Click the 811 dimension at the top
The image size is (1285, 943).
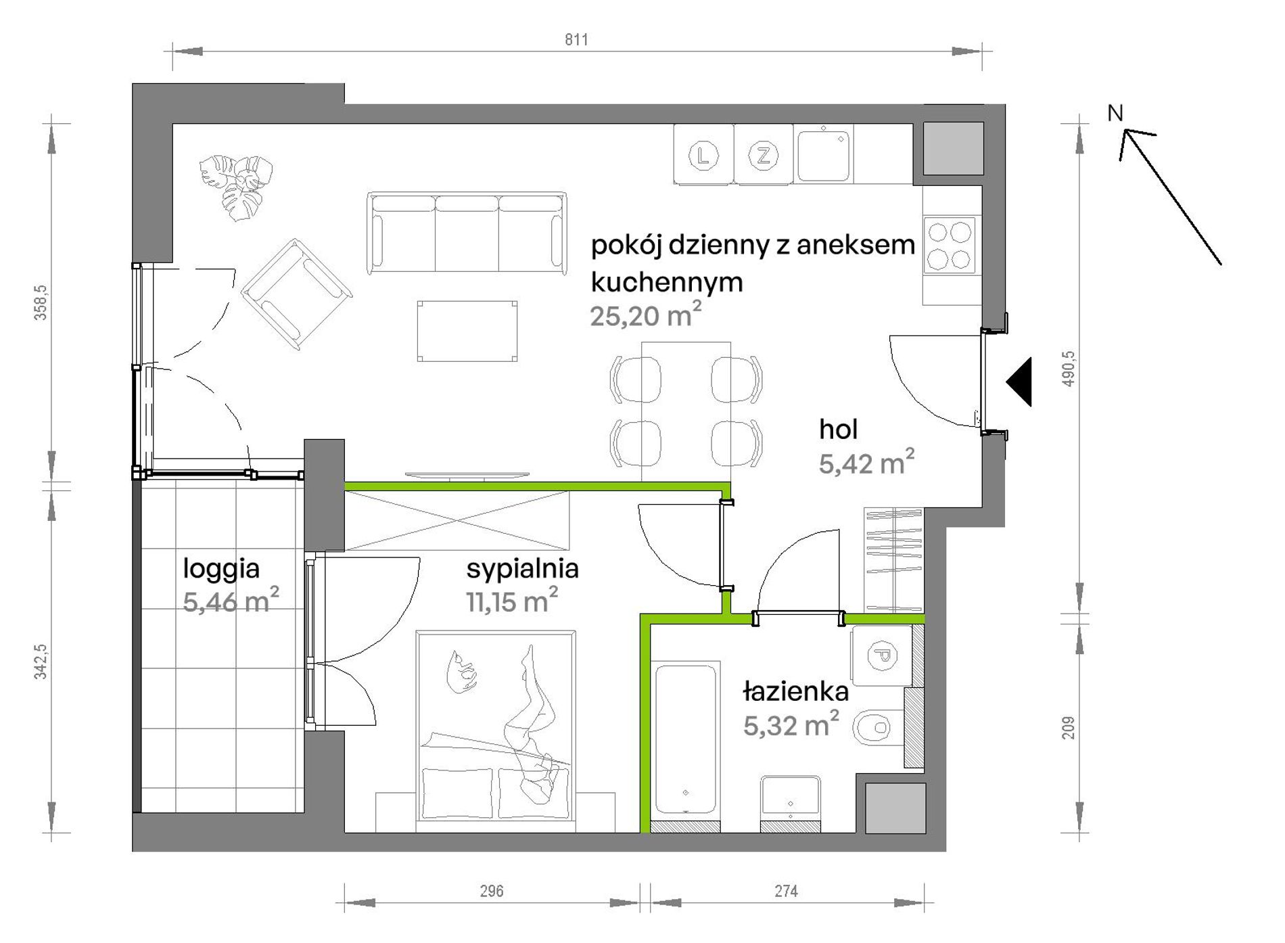576,40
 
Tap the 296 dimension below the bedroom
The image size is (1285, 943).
492,891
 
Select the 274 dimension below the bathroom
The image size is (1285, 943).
786,891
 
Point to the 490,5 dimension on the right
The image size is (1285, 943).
1068,369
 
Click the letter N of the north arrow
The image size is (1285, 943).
1115,113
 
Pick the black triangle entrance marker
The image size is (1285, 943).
1019,382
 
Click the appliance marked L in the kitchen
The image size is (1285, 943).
703,155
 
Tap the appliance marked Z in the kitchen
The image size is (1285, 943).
764,155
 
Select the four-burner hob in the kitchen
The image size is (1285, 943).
950,245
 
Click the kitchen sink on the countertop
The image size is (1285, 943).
823,155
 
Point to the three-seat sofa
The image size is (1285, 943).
467,233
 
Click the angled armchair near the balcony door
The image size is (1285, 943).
296,294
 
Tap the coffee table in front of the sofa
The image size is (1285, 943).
467,331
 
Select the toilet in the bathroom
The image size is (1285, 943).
878,728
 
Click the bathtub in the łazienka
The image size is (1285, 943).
685,739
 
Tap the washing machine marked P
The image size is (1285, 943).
882,655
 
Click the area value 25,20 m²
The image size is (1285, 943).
645,315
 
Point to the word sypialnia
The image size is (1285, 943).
522,570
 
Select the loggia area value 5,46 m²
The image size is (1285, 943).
231,601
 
